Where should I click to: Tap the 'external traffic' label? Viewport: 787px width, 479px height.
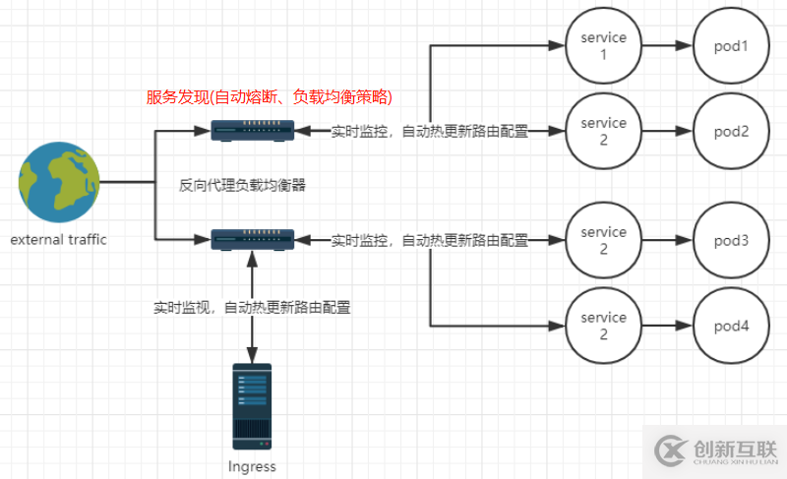pyautogui.click(x=59, y=240)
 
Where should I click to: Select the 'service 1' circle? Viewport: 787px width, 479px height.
pyautogui.click(x=603, y=45)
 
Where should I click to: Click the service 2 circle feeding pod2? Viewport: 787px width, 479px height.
pyautogui.click(x=603, y=131)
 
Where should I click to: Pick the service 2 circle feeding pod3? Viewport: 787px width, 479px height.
pyautogui.click(x=603, y=240)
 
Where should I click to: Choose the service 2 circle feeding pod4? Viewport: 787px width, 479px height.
pyautogui.click(x=603, y=326)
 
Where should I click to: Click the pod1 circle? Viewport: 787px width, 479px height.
pyautogui.click(x=732, y=45)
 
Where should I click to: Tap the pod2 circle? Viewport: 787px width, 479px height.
pyautogui.click(x=732, y=131)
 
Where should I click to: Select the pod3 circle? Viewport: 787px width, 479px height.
pyautogui.click(x=732, y=240)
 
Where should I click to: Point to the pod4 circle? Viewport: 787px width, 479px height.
pyautogui.click(x=732, y=326)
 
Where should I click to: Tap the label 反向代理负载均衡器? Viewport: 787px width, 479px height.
pyautogui.click(x=243, y=184)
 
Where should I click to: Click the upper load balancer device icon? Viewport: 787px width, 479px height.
pyautogui.click(x=253, y=130)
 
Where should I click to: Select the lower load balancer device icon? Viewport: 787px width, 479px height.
pyautogui.click(x=253, y=238)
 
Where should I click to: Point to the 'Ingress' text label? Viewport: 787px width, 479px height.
pyautogui.click(x=252, y=466)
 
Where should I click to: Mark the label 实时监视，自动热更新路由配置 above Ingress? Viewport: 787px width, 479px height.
pyautogui.click(x=253, y=307)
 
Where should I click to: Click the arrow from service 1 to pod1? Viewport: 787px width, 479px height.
pyautogui.click(x=667, y=45)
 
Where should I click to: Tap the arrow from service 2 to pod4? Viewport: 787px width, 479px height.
pyautogui.click(x=667, y=326)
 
